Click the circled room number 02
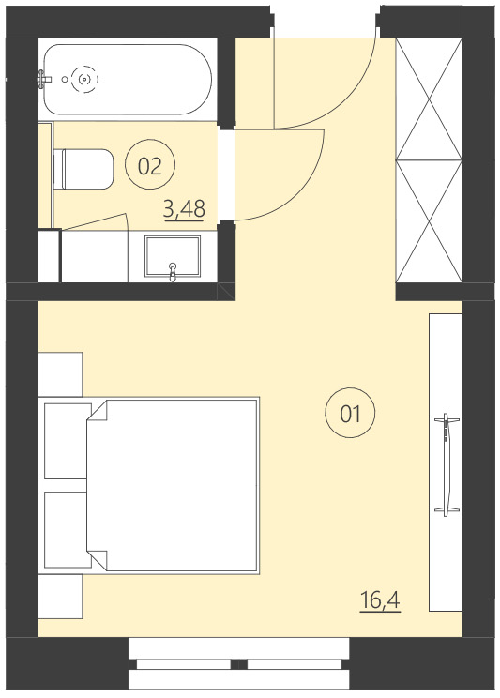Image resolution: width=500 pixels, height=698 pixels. point(150,166)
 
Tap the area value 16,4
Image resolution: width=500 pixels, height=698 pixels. point(380,599)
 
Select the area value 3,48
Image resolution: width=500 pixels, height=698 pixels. point(184,208)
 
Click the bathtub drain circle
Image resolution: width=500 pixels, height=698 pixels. point(86,80)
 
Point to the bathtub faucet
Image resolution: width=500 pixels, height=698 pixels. point(45,80)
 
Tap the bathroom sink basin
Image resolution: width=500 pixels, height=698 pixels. point(173,255)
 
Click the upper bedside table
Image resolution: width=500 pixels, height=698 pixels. point(61,373)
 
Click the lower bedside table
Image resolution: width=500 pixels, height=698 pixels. point(61,597)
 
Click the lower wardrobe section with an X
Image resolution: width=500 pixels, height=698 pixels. point(430,220)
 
